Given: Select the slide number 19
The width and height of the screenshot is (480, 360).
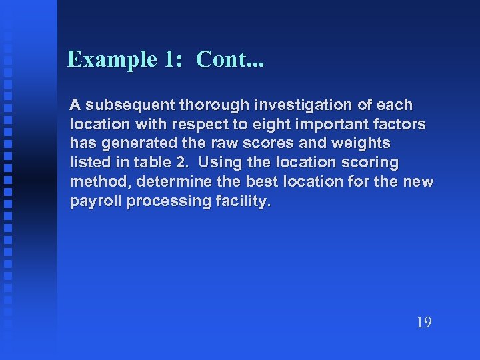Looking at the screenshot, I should (424, 323).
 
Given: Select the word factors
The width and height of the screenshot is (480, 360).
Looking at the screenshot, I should (401, 125).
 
